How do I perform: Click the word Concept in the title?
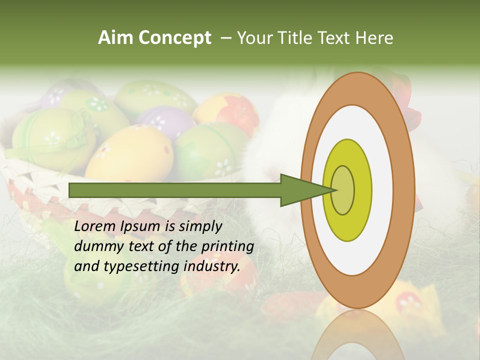[x=174, y=38]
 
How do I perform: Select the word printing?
[x=227, y=246]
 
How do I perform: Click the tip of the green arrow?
[x=334, y=190]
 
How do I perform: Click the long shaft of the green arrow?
[x=175, y=190]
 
